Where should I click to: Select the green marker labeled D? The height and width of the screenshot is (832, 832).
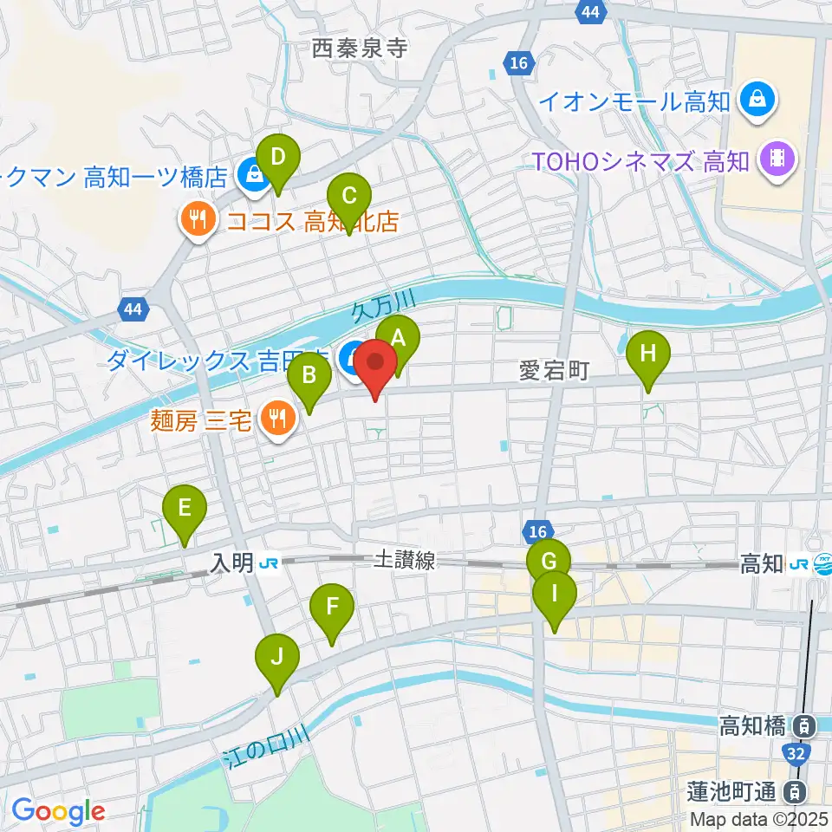point(278,159)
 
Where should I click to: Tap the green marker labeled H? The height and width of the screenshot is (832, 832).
point(649,354)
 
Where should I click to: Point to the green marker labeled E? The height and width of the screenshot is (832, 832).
point(185,508)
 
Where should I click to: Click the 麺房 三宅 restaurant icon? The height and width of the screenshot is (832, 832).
point(278,420)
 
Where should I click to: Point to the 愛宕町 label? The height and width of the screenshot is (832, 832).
point(555,372)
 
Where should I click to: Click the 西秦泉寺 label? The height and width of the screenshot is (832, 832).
point(360,49)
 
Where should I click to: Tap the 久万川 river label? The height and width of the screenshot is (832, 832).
point(385,307)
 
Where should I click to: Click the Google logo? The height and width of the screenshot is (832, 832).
point(58,810)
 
